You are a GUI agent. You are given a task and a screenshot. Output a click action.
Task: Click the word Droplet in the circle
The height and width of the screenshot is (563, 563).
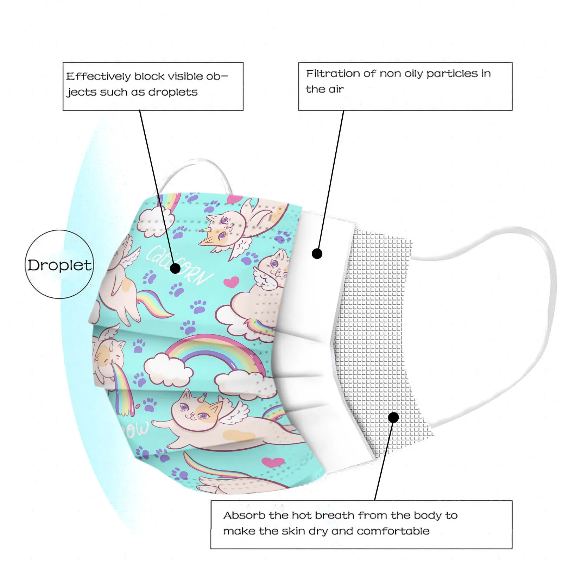pos(59,265)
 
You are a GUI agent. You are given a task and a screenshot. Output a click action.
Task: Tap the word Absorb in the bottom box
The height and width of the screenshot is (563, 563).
pos(244,515)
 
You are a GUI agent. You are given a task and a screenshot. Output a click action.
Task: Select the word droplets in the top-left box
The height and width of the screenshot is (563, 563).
pos(173,92)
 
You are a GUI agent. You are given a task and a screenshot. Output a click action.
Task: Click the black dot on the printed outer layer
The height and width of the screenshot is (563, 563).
pos(175,268)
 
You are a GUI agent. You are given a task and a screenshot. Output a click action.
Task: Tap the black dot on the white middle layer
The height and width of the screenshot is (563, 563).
pos(317,254)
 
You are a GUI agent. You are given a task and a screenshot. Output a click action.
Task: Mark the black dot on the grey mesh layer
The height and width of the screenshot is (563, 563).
pos(393,417)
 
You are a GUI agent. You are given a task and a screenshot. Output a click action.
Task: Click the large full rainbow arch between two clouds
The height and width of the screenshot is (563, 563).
pos(215,352)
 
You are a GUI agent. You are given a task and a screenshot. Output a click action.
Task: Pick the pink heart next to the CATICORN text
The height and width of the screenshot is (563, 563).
pos(231,282)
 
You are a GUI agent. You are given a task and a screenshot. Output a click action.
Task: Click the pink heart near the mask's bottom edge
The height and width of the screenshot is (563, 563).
pos(273,462)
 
